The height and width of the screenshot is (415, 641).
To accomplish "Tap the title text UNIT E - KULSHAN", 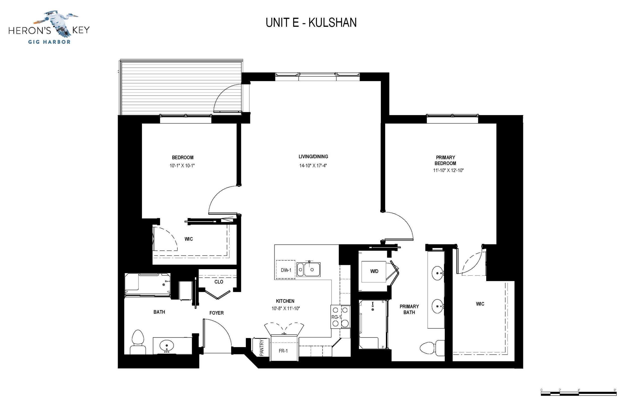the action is [311, 23].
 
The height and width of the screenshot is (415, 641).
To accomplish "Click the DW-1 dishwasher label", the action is [286, 270].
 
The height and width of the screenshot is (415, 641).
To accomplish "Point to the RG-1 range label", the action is [336, 317].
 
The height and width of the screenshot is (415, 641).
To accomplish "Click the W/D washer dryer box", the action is [374, 271].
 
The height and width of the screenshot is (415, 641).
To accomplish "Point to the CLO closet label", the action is [219, 282].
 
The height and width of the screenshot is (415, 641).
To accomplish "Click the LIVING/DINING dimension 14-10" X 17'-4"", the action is [313, 165].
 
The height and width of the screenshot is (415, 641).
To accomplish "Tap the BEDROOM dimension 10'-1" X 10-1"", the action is [182, 166].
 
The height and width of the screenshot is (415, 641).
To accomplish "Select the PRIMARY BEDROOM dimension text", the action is [448, 170].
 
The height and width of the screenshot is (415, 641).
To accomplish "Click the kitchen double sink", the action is [308, 269].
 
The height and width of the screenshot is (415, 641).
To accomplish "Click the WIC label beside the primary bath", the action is [480, 304].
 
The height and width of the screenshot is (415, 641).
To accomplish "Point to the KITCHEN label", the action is [285, 301].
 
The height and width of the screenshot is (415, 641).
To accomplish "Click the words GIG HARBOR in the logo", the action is [49, 42].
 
